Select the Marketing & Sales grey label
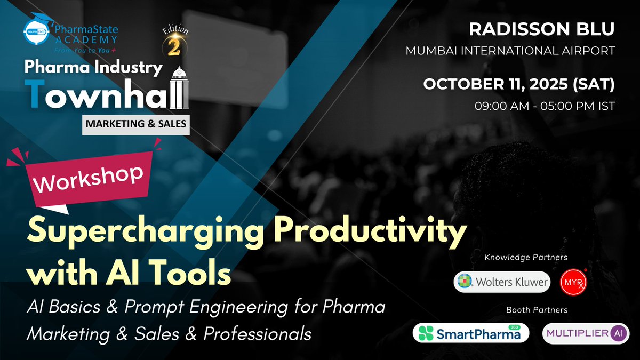(135, 124)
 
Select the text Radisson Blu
(542, 30)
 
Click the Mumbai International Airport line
(510, 51)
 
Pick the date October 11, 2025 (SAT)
(519, 84)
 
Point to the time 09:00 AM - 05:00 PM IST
(545, 105)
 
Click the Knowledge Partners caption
(525, 258)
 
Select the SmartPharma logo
(470, 333)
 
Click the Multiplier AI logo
(586, 333)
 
